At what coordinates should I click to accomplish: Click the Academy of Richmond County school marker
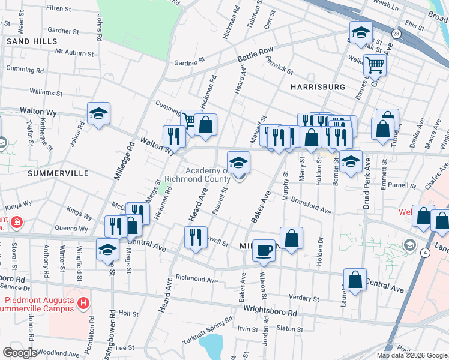coord(238,163)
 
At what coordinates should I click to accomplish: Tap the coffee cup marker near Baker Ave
coord(263,250)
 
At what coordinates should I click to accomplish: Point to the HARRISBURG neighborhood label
coord(318,87)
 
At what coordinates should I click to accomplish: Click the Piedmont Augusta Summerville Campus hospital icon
coord(83,304)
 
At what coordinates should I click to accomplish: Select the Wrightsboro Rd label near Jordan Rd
coord(270,313)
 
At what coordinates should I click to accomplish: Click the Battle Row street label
coord(255,56)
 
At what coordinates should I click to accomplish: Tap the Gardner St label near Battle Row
coord(190,61)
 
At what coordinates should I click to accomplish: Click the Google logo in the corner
coord(20,352)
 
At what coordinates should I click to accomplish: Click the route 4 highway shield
coord(426,254)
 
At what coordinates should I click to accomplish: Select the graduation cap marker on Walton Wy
coord(98,114)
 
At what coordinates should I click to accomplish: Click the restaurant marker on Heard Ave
coord(196,237)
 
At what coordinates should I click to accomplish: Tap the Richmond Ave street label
coord(196,279)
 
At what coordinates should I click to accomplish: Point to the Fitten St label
coord(58,8)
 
